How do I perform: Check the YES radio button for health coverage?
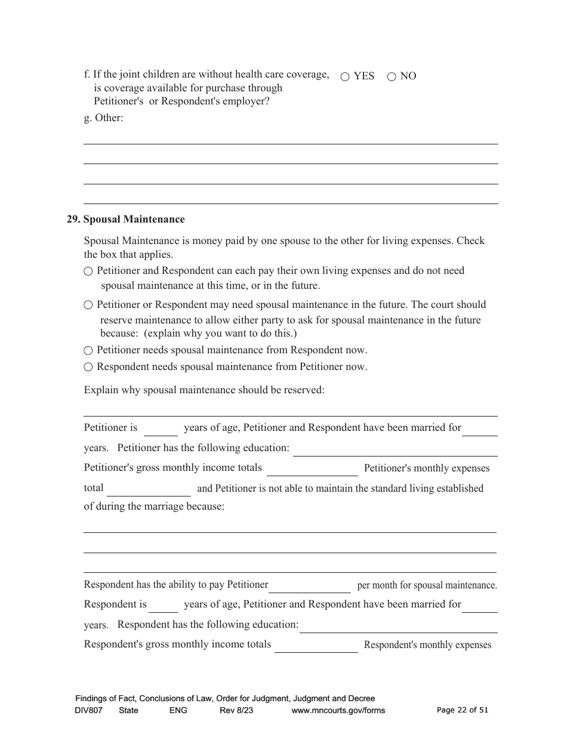345,77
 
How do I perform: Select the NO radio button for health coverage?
392,77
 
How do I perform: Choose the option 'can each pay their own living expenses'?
88,272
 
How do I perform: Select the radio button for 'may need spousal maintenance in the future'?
88,306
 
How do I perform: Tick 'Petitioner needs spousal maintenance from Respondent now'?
88,351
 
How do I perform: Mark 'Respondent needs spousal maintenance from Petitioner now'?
88,368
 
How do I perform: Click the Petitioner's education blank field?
395,449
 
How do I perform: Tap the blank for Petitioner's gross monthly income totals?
312,470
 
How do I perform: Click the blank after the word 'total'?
149,490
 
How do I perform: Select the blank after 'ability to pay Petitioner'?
310,587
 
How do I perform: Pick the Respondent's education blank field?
399,626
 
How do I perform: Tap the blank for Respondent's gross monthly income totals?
316,646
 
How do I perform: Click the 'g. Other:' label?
103,118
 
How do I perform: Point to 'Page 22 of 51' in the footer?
463,710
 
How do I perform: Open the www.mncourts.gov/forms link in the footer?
338,711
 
